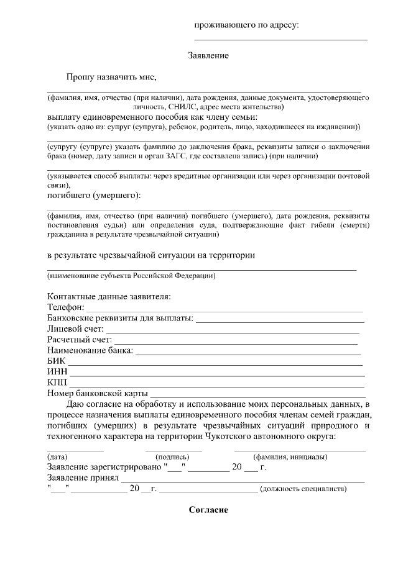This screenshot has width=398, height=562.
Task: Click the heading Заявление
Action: (x=208, y=56)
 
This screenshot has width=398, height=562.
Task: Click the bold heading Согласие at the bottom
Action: (x=208, y=510)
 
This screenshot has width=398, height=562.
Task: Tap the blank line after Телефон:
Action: (x=224, y=310)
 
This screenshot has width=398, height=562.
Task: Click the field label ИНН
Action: (x=57, y=372)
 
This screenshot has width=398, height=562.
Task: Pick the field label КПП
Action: (x=57, y=383)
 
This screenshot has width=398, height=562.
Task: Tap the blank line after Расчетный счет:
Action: (x=236, y=342)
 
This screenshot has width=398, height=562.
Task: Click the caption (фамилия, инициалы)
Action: (x=286, y=457)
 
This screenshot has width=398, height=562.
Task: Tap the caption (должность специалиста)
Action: (x=303, y=489)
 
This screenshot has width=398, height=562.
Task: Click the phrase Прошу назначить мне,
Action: (x=111, y=78)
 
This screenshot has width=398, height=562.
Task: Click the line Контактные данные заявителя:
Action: (x=109, y=296)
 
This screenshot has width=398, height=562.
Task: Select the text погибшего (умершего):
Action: (x=94, y=196)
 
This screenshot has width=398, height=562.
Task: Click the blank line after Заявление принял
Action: (x=243, y=479)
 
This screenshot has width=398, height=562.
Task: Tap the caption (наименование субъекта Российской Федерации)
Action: (x=131, y=275)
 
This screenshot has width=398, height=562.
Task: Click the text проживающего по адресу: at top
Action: (x=247, y=25)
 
